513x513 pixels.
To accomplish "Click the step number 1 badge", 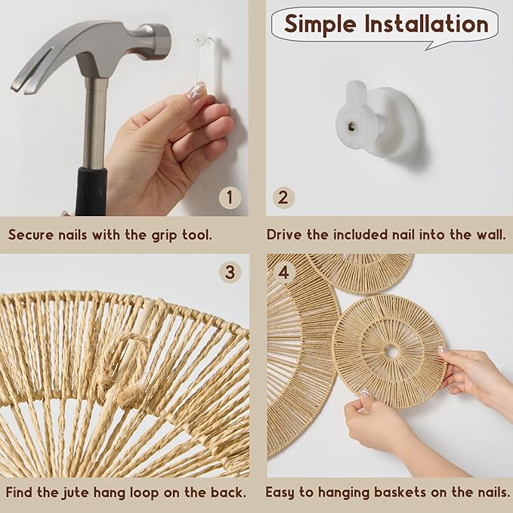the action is click(x=230, y=198).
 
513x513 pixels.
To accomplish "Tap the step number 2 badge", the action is click(x=283, y=198).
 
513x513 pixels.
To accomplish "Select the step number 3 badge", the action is click(x=230, y=272).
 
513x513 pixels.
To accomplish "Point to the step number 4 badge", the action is click(x=283, y=272).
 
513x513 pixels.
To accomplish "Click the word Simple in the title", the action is click(x=320, y=24).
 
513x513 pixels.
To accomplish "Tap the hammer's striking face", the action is click(x=165, y=41).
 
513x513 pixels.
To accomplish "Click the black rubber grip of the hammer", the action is click(x=91, y=192).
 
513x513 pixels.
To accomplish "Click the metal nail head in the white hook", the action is click(x=351, y=125).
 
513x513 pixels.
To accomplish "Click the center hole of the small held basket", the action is click(x=391, y=352).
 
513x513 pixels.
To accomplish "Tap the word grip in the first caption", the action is click(x=165, y=235).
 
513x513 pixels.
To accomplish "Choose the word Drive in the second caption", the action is click(x=284, y=234).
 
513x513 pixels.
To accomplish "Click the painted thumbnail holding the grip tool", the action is click(x=198, y=89).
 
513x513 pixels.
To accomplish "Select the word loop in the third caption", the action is click(x=145, y=493).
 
